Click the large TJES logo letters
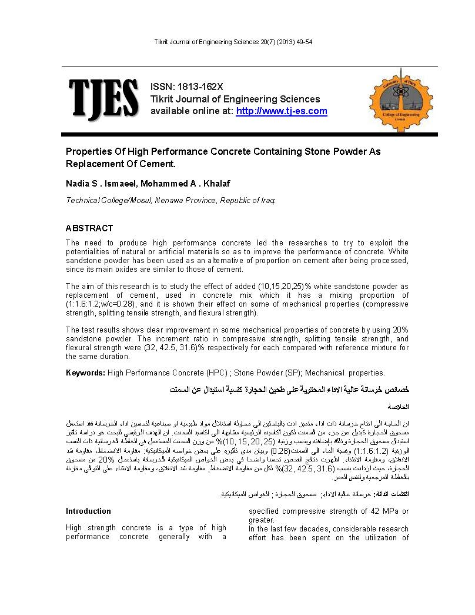(x=103, y=101)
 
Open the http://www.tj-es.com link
(x=282, y=111)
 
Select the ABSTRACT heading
(x=89, y=228)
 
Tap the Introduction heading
(x=88, y=511)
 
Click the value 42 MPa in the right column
(x=388, y=511)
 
